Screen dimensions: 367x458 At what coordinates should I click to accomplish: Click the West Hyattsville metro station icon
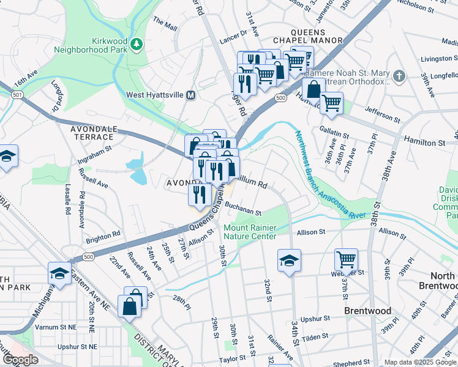190,95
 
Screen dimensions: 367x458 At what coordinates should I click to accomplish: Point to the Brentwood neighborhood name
367,311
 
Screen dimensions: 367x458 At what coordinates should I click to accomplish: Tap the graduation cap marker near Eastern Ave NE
59,273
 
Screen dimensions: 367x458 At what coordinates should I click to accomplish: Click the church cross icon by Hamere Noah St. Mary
399,76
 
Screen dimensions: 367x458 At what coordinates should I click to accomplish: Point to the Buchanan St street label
242,209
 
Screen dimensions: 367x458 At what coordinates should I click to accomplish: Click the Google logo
21,360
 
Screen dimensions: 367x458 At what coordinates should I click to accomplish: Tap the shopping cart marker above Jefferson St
331,103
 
